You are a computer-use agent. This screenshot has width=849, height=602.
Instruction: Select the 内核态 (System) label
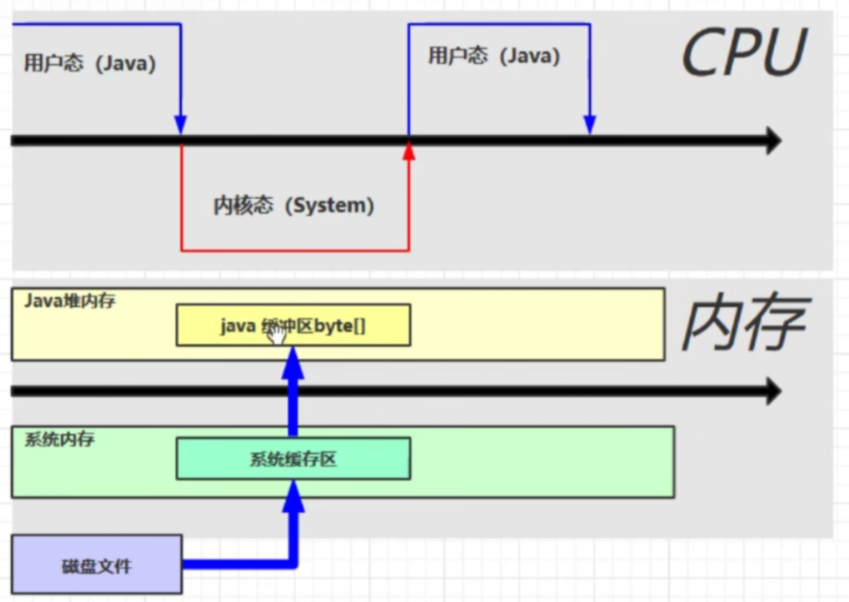pyautogui.click(x=294, y=205)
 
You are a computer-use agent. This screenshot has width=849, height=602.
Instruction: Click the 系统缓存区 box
pyautogui.click(x=293, y=459)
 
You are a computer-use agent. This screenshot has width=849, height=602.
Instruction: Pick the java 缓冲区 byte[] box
pyautogui.click(x=293, y=325)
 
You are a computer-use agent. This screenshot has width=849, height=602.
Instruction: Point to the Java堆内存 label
pyautogui.click(x=70, y=300)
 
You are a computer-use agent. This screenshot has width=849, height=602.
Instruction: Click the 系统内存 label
pyautogui.click(x=59, y=439)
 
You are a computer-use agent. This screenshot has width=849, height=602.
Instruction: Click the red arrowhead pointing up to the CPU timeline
pyautogui.click(x=409, y=151)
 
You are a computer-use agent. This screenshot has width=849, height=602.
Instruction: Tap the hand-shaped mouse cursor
pyautogui.click(x=277, y=333)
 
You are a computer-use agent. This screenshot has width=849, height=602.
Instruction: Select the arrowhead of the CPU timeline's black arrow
pyautogui.click(x=772, y=141)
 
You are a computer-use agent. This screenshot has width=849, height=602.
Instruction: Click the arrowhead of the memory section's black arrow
pyautogui.click(x=772, y=391)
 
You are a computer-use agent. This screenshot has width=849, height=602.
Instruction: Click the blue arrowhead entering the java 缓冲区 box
pyautogui.click(x=293, y=362)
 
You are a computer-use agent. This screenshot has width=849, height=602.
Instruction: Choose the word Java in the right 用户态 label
pyautogui.click(x=530, y=56)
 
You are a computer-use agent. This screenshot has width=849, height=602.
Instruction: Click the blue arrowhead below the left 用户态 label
pyautogui.click(x=180, y=124)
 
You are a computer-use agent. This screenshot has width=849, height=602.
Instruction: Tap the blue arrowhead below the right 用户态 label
pyautogui.click(x=590, y=124)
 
